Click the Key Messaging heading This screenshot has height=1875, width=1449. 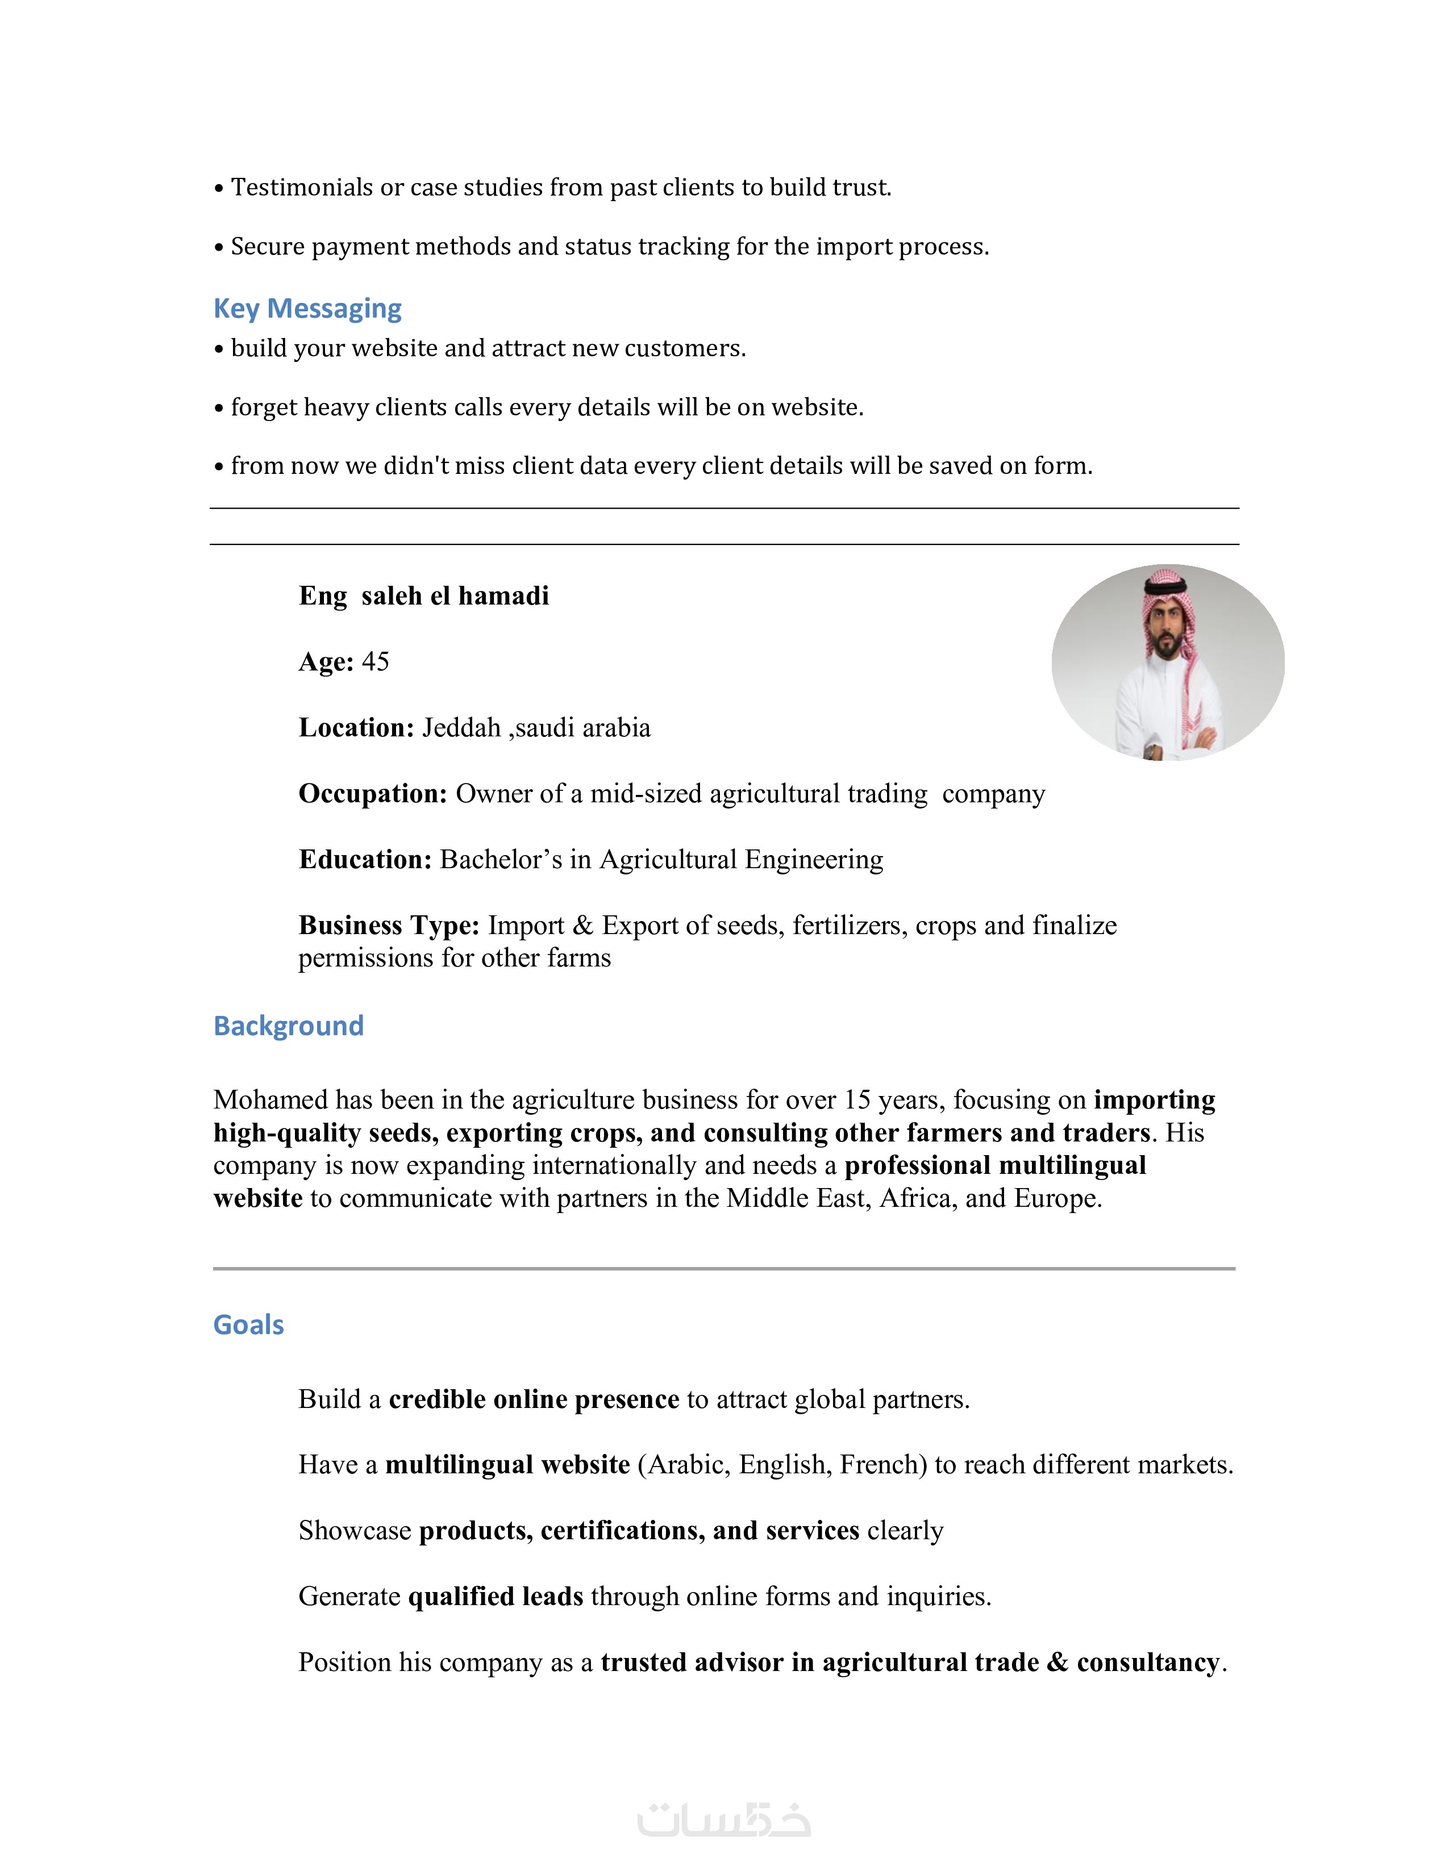pos(307,308)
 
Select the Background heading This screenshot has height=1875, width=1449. pos(289,1026)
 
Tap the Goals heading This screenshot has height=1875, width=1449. pos(248,1324)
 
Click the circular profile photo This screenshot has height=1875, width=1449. pos(1168,662)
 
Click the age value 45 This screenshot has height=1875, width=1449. pos(375,662)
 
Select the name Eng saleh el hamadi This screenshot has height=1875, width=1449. pos(423,596)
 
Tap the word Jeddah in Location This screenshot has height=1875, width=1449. pos(461,728)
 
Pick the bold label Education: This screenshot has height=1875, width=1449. pos(365,859)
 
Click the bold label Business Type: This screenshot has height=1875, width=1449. pos(389,926)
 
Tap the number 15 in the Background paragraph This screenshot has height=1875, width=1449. pos(857,1100)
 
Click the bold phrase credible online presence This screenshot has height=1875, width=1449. pos(534,1399)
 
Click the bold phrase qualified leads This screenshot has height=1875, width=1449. pos(496,1596)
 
